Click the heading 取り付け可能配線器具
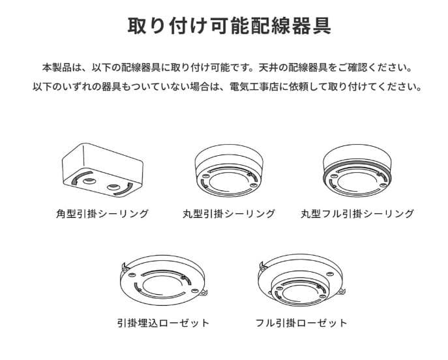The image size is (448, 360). coord(229,25)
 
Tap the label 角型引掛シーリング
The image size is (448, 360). coord(102,214)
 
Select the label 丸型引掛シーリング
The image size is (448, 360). coord(229,214)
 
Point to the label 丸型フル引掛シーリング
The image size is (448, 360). coord(357,214)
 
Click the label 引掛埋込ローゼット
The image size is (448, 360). coord(164,323)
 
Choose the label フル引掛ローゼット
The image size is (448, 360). coord(301,323)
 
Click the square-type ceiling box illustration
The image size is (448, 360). coord(102,170)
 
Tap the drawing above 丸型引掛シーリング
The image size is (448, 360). coord(230,170)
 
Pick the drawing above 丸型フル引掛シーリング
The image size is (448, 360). coord(357,170)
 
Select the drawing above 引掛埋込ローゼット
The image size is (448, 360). coord(164,280)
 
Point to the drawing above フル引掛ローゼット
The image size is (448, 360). coord(302,280)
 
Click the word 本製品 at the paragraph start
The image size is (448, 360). coord(57,68)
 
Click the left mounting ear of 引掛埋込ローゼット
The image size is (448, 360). coord(124,267)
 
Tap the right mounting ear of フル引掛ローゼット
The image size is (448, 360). coord(342,292)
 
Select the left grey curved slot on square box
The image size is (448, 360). coord(81,178)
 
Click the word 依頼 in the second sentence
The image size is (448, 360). coord(298,87)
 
